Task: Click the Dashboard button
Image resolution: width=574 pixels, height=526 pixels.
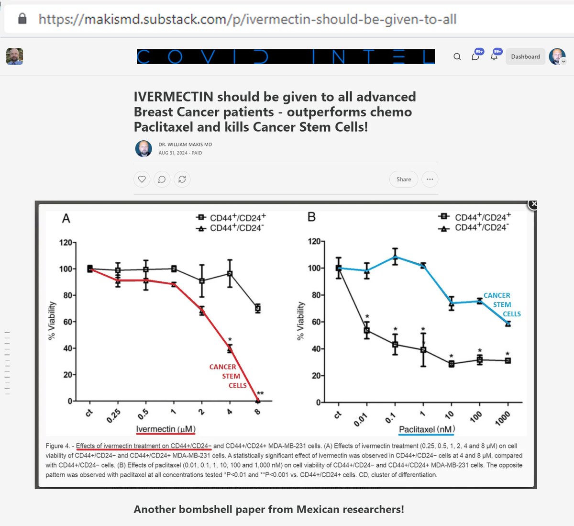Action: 525,56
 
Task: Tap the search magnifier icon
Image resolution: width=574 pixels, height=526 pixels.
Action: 457,56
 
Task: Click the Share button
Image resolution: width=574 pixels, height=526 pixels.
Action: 403,179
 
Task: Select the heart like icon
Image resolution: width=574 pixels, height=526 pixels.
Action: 142,179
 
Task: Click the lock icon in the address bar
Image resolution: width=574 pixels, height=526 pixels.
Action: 22,19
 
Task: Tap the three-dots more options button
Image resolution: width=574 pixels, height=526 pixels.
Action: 430,179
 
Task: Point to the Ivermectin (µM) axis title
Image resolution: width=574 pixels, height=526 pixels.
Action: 166,429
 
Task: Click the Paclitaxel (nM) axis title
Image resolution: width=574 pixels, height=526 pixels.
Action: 427,429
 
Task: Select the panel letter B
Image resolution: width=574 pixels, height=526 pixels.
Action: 311,217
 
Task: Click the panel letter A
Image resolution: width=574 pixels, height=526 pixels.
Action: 66,219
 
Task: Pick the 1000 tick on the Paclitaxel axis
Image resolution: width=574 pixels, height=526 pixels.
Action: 502,418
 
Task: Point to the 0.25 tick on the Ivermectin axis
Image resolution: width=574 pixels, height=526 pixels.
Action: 113,415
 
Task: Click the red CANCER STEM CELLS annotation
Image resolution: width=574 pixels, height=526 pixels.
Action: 228,376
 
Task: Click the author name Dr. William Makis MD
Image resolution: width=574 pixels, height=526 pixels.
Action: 185,145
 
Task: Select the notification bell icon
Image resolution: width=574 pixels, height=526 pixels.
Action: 494,56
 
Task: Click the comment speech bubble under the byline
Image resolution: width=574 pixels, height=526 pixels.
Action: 162,179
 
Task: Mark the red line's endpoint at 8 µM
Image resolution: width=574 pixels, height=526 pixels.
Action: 257,401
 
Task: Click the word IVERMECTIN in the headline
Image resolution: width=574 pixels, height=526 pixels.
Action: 173,97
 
